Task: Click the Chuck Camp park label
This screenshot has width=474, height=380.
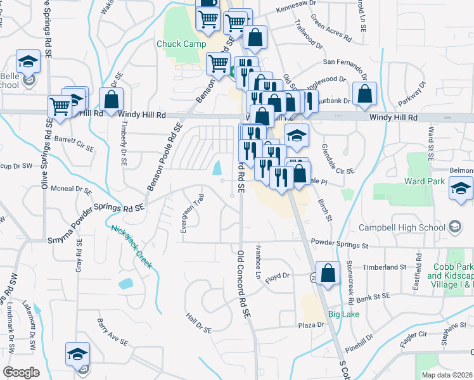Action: coord(181,44)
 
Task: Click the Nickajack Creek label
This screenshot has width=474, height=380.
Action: coord(131,246)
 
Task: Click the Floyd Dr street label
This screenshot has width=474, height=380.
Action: coord(277,276)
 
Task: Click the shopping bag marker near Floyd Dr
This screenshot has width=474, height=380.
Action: coord(328,274)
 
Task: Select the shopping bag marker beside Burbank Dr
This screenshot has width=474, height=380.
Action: coord(365,94)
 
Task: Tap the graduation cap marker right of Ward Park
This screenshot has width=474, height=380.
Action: coord(461,188)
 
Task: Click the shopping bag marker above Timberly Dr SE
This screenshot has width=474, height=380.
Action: coord(112,100)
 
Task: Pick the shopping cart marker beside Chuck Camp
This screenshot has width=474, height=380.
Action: coord(219,64)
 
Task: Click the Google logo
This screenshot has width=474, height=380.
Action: coord(21,372)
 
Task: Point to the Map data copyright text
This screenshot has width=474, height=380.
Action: coord(447,375)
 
